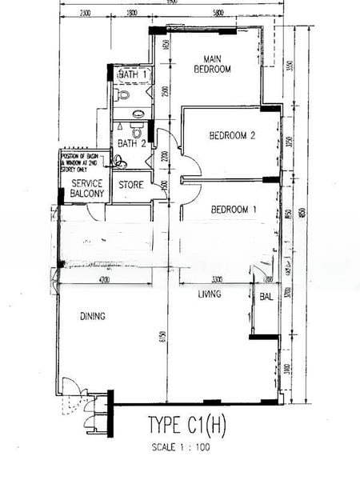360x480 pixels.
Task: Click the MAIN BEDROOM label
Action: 212,64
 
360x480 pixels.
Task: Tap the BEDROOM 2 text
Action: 232,136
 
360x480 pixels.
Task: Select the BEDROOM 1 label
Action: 234,210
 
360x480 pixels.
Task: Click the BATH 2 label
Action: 131,144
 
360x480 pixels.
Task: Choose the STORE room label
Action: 131,185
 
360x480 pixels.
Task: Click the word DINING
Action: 93,317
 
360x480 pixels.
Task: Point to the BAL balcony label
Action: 266,297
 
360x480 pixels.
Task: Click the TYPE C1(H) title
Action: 188,425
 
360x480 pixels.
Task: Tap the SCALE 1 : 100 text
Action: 180,448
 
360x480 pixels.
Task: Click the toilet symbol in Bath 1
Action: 124,95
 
